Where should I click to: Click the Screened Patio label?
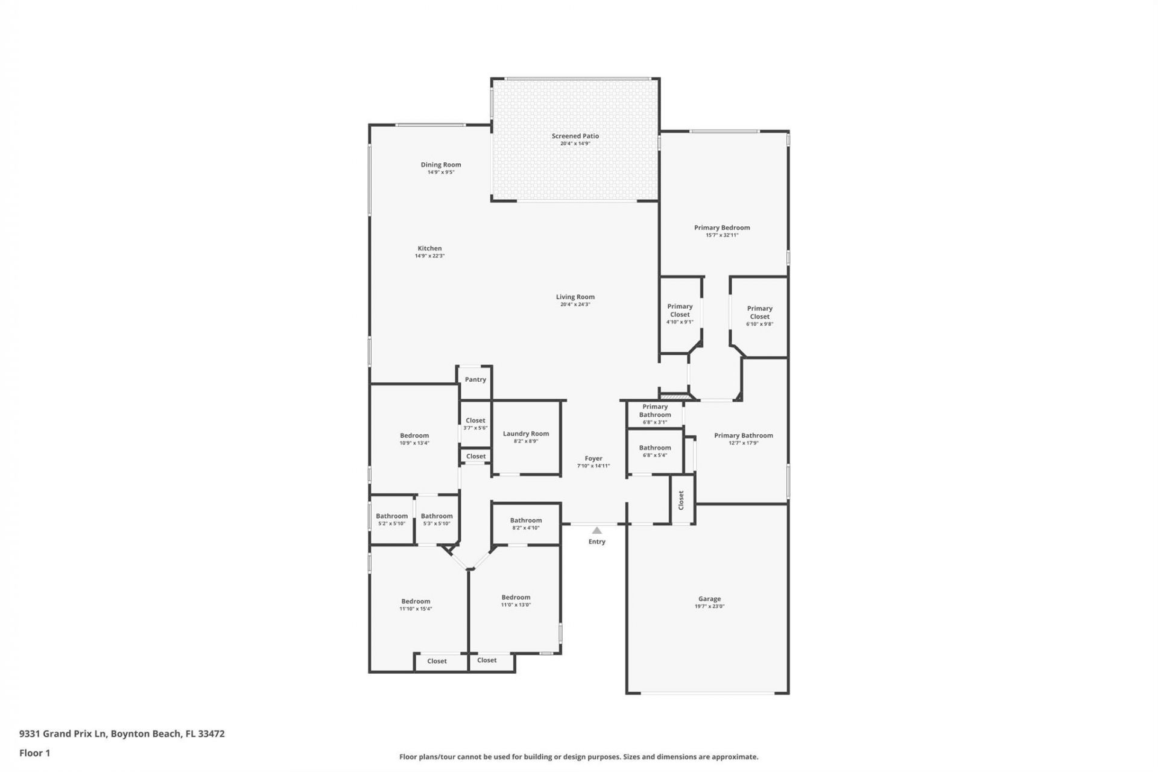(x=575, y=136)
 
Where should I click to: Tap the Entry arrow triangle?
(x=596, y=531)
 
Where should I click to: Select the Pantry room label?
(x=475, y=379)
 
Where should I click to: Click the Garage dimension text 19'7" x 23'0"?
(x=709, y=606)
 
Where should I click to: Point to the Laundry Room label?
(x=525, y=434)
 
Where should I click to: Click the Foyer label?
(x=593, y=458)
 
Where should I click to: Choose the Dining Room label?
(x=440, y=165)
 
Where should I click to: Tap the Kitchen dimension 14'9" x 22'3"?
(x=429, y=256)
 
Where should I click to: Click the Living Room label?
(x=575, y=297)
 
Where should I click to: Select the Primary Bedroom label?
(x=721, y=228)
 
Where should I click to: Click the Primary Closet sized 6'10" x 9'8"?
(x=759, y=315)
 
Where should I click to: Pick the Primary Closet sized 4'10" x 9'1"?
(x=680, y=314)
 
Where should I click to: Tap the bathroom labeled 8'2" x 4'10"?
(x=525, y=524)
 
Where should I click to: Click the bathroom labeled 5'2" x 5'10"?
(x=391, y=519)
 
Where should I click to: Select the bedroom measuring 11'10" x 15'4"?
(x=416, y=604)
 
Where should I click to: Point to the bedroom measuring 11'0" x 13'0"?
(x=516, y=600)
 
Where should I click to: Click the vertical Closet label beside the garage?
(x=681, y=499)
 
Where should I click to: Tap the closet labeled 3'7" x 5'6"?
(x=475, y=423)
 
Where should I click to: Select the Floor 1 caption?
(x=34, y=753)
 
